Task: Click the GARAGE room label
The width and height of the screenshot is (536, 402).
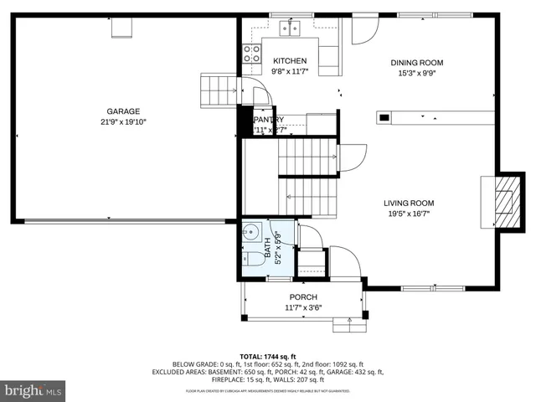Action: point(122,111)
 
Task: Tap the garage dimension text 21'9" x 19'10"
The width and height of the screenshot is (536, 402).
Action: point(122,121)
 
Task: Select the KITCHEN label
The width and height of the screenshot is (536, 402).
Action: point(290,60)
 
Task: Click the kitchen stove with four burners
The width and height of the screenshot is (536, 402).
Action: point(250,54)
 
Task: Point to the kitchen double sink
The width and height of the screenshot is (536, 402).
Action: point(291,29)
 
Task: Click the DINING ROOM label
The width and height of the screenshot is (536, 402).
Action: point(416,62)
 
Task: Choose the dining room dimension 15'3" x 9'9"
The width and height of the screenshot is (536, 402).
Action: point(416,73)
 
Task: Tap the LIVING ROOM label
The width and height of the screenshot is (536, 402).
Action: point(409,203)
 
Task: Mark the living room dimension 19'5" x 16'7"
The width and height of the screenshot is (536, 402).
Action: point(409,214)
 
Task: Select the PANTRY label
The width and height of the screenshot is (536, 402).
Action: point(269,119)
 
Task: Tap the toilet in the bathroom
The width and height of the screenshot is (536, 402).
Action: point(251,259)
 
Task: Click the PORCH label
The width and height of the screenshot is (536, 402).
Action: point(303,297)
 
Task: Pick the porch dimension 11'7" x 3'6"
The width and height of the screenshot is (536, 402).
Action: point(303,307)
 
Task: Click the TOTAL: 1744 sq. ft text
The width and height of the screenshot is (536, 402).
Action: point(267,356)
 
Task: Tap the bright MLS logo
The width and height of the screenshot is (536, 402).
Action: point(33,390)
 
